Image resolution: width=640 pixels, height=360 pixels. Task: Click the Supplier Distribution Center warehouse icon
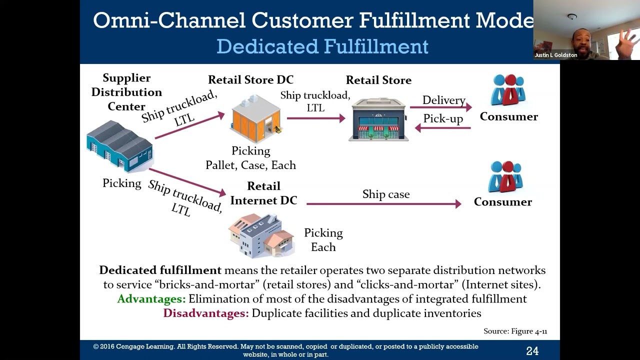[x=120, y=145]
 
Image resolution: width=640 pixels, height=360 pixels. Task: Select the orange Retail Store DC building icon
[x=255, y=118]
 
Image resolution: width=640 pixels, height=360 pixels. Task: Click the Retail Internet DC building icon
[x=261, y=234]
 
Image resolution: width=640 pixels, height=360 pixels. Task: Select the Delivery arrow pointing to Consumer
[x=440, y=107]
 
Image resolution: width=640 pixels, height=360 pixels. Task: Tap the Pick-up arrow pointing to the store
[x=443, y=128]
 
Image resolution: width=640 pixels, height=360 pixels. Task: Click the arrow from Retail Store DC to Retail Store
[x=316, y=118]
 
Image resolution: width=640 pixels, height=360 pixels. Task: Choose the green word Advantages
[x=151, y=299]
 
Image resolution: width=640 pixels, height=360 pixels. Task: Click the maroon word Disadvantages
[x=205, y=313]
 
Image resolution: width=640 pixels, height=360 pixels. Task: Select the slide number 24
[x=532, y=351]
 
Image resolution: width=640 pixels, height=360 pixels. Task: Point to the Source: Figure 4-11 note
[x=515, y=331]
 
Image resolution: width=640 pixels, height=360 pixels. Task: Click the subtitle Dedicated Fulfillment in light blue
[x=322, y=46]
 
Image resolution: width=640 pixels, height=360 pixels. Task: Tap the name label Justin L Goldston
[x=555, y=55]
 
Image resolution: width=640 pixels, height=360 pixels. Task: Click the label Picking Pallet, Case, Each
[x=251, y=158]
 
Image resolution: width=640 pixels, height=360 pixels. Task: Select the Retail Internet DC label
[x=263, y=193]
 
